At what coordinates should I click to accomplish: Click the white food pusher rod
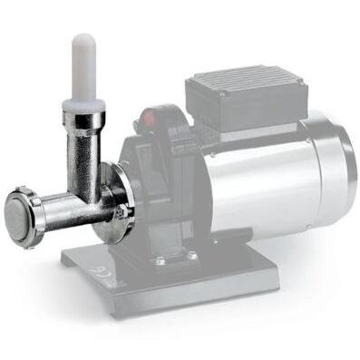83,63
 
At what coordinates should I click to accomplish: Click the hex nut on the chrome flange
120,212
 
